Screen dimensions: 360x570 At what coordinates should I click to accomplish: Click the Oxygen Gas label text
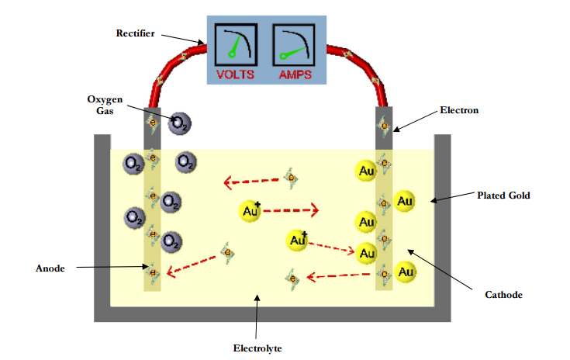105,105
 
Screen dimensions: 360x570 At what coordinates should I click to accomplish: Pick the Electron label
459,111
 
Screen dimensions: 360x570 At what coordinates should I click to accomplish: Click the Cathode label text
503,295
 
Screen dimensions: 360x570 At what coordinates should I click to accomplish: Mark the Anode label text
50,268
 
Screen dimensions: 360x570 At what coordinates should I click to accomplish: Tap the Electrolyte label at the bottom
257,348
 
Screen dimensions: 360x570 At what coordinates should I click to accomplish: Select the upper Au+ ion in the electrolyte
250,210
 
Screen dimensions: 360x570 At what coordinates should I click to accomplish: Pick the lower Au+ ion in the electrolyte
297,241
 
